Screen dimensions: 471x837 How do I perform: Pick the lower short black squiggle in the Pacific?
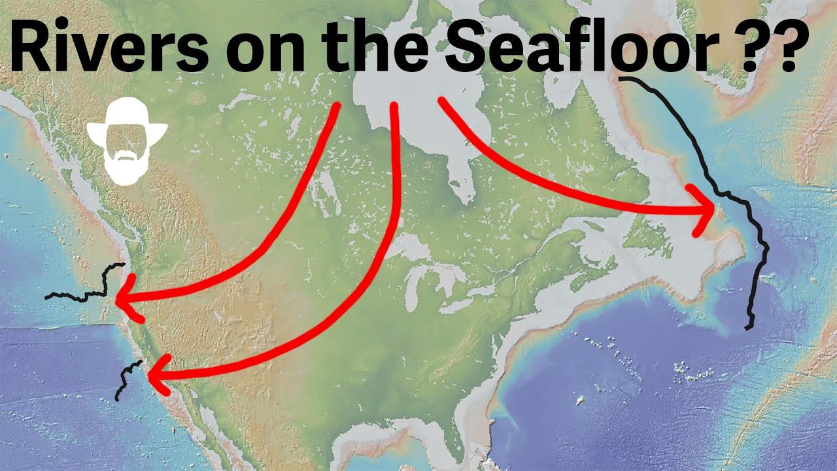tap(128, 379)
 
